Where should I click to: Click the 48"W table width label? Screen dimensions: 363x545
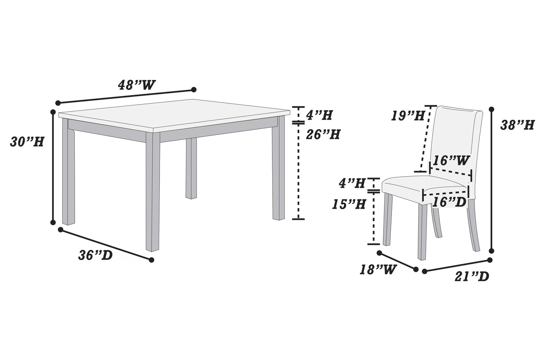(137, 85)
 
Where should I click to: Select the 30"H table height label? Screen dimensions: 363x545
(27, 142)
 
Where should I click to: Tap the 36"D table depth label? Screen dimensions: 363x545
(95, 255)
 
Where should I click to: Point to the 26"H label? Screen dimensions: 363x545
(323, 134)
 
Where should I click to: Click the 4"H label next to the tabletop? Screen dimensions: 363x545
(319, 115)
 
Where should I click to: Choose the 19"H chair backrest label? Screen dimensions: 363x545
(408, 116)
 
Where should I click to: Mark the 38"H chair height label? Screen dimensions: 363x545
(517, 125)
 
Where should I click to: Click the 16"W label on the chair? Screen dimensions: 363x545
(451, 161)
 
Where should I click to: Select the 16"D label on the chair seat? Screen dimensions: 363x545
(449, 202)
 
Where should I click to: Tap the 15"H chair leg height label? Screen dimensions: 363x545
(349, 204)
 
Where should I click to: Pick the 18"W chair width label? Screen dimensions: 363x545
(378, 270)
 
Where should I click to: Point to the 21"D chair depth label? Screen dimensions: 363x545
(471, 276)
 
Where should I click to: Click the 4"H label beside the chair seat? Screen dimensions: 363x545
(352, 184)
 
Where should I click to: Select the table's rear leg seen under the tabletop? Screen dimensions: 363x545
(191, 168)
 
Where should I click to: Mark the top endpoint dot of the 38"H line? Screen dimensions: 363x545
(491, 109)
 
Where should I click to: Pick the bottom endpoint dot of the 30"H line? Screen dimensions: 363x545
(53, 222)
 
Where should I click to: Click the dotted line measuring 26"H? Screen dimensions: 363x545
(298, 170)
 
